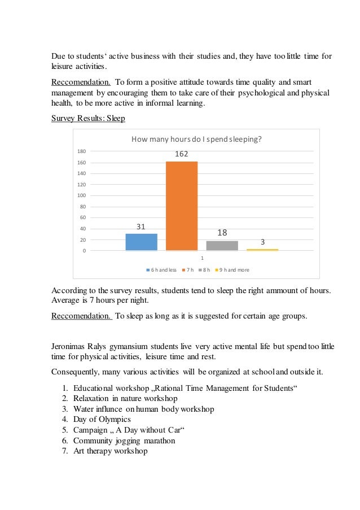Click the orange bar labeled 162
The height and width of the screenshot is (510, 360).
click(x=181, y=206)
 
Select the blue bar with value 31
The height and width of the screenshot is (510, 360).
click(x=141, y=242)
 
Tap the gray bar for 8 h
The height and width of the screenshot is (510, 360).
click(x=222, y=246)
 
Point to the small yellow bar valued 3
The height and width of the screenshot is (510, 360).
click(x=262, y=249)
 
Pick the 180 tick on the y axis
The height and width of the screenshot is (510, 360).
click(x=81, y=151)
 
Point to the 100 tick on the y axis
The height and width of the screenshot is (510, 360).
click(x=81, y=195)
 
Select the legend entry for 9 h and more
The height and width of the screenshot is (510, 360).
click(x=233, y=270)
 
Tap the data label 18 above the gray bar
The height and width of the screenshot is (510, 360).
click(x=222, y=233)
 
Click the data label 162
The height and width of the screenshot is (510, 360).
click(x=181, y=154)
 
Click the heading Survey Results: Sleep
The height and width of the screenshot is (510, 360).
click(x=88, y=118)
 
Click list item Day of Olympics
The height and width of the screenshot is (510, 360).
click(x=102, y=419)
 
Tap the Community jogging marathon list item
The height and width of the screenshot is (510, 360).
click(x=124, y=441)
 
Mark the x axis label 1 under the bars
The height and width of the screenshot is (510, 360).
click(x=201, y=258)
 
